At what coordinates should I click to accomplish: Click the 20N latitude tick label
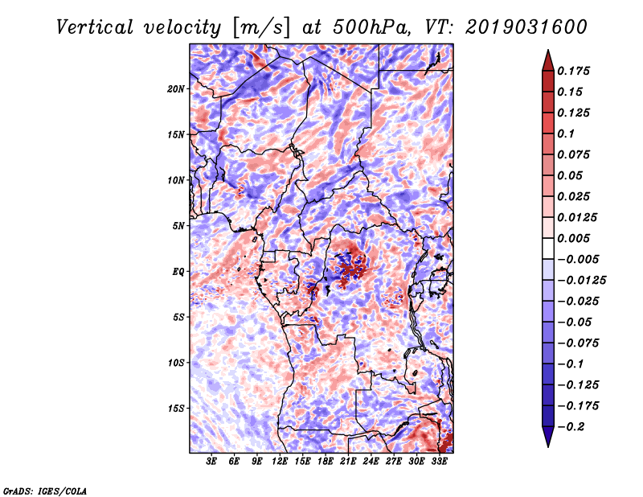pyautogui.click(x=176, y=88)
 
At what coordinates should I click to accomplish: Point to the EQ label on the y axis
pyautogui.click(x=178, y=272)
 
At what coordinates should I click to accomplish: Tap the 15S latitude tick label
pyautogui.click(x=176, y=409)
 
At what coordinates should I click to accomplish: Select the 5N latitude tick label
pyautogui.click(x=178, y=226)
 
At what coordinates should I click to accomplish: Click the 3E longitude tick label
pyautogui.click(x=212, y=462)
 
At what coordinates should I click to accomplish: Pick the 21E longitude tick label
pyautogui.click(x=350, y=462)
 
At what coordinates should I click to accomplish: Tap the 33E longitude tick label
pyautogui.click(x=440, y=462)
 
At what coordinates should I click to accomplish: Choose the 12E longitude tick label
pyautogui.click(x=281, y=462)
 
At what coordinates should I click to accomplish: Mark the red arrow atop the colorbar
pyautogui.click(x=547, y=59)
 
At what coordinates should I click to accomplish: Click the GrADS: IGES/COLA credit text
pyautogui.click(x=44, y=490)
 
